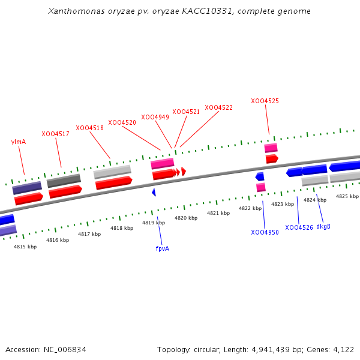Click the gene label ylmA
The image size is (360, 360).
coord(19,142)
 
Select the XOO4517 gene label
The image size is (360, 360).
coord(55,134)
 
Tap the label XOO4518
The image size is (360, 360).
coord(89,128)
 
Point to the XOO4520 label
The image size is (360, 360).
coord(122,122)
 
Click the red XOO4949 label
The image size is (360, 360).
coord(155,117)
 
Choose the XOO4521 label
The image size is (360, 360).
coord(186,112)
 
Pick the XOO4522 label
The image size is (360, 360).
coord(218,107)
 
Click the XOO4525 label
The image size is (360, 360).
coord(265,101)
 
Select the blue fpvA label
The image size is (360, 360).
coord(162,248)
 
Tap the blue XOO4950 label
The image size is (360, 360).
coord(265,232)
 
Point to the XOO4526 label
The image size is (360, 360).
coord(299,227)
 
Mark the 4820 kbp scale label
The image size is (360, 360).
coord(185,218)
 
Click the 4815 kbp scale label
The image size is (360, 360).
coord(25,247)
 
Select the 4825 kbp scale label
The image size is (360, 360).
coord(347,196)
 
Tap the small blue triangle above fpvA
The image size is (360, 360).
coord(154,192)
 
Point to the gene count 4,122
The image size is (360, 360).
coord(343,349)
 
